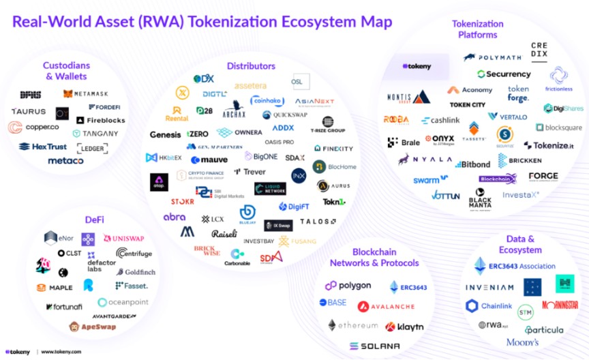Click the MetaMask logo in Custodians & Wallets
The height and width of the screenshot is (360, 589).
pyautogui.click(x=86, y=93)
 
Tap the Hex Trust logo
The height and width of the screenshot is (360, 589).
pyautogui.click(x=43, y=147)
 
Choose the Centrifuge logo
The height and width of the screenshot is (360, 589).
pyautogui.click(x=134, y=254)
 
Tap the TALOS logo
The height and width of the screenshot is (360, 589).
pyautogui.click(x=318, y=222)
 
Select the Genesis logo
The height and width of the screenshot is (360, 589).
pyautogui.click(x=166, y=134)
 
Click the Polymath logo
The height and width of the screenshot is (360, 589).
pyautogui.click(x=495, y=57)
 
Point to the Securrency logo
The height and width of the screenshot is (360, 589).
pyautogui.click(x=504, y=74)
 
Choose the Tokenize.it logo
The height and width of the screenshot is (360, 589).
pyautogui.click(x=549, y=145)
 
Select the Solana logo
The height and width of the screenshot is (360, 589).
pyautogui.click(x=375, y=346)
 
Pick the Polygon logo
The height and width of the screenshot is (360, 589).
pyautogui.click(x=348, y=286)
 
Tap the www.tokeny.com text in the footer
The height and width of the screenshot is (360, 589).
pyautogui.click(x=61, y=352)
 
